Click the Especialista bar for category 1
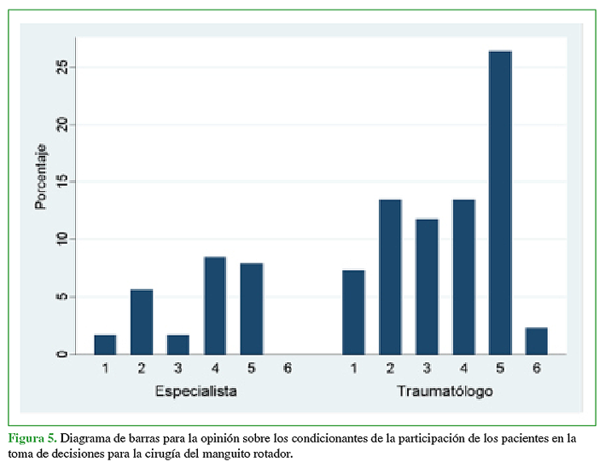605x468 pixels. [105, 344]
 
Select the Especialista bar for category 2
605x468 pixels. [142, 321]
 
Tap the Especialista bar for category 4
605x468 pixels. [214, 305]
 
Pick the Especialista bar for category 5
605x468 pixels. [251, 309]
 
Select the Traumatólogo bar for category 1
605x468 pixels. [353, 312]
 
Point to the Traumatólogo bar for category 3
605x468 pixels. [427, 286]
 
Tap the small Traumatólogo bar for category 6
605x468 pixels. [536, 341]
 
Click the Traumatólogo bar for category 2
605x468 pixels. [390, 276]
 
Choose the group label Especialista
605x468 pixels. [195, 391]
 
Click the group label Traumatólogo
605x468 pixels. [445, 391]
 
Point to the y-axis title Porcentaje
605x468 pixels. [41, 176]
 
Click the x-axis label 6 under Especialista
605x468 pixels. [288, 368]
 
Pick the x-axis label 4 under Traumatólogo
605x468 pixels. [463, 368]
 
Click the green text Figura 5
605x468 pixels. [32, 438]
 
